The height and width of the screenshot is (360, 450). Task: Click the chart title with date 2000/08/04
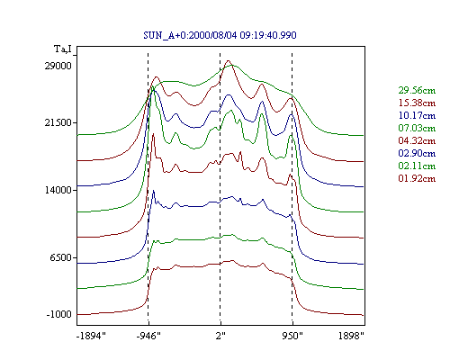[220, 35]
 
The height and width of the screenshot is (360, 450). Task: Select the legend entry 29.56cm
[417, 90]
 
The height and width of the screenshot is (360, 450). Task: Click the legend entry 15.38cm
[417, 103]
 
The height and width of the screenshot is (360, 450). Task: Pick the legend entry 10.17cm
[417, 115]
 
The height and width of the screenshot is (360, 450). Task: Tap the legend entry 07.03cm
[417, 128]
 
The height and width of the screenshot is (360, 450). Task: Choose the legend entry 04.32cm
[417, 140]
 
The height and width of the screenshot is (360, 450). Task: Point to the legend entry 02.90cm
[417, 153]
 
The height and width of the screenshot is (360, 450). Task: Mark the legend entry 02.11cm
[417, 166]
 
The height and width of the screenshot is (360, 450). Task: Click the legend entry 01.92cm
[417, 178]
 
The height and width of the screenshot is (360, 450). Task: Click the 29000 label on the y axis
[58, 66]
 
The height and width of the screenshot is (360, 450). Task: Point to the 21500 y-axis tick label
[58, 122]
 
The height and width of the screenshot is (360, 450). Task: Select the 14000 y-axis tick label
[58, 190]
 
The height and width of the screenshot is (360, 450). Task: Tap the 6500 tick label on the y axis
[61, 257]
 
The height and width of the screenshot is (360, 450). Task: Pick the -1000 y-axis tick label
[58, 314]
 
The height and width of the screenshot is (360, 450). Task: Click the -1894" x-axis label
[91, 336]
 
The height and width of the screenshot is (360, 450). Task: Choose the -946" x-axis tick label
[148, 336]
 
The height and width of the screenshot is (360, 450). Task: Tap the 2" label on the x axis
[220, 336]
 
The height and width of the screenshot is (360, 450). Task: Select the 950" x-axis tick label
[292, 336]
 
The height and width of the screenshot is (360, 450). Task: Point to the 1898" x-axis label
[351, 336]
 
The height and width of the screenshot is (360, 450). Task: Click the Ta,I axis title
[63, 49]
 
